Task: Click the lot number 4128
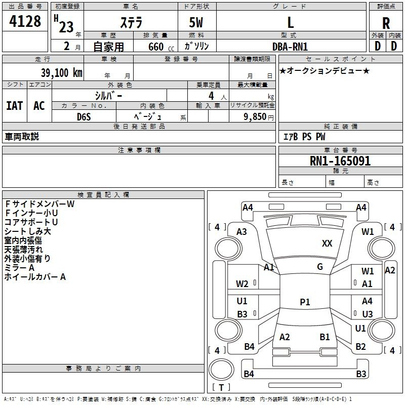pyautogui.click(x=25, y=21)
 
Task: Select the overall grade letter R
pyautogui.click(x=386, y=23)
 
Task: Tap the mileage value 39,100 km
pyautogui.click(x=61, y=73)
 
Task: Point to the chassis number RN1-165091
pyautogui.click(x=340, y=161)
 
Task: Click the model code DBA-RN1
pyautogui.click(x=290, y=47)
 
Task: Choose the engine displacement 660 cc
pyautogui.click(x=161, y=47)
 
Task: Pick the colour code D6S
pyautogui.click(x=84, y=117)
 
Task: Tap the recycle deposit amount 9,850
pyautogui.click(x=255, y=117)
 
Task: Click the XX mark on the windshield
pyautogui.click(x=327, y=244)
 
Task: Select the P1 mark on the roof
pyautogui.click(x=305, y=302)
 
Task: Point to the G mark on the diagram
pyautogui.click(x=320, y=267)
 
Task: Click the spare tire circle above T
pyautogui.click(x=221, y=370)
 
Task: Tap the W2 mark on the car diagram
pyautogui.click(x=242, y=284)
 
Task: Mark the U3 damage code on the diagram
pyautogui.click(x=368, y=314)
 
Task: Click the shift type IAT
pyautogui.click(x=15, y=106)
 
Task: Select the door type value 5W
pyautogui.click(x=196, y=22)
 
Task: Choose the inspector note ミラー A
pyautogui.click(x=19, y=268)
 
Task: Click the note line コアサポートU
pyautogui.click(x=31, y=222)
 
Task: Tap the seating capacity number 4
pyautogui.click(x=211, y=96)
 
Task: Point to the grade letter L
pyautogui.click(x=291, y=22)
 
